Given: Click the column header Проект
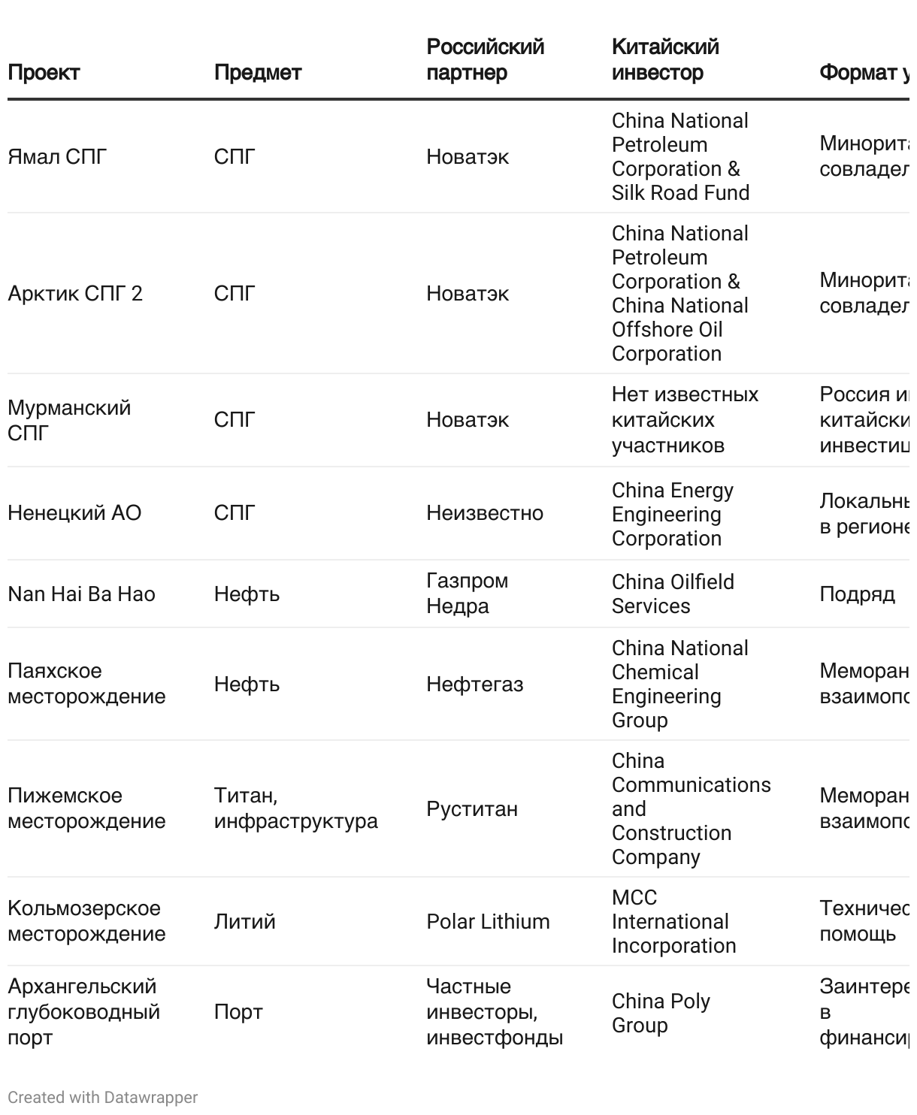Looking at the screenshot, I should pos(44,73).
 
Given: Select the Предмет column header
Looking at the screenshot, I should pos(257,73).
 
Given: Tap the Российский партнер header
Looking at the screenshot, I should pos(485,60).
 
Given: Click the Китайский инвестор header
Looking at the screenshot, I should pos(664,60).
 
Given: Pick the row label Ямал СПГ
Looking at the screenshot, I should pos(57,157).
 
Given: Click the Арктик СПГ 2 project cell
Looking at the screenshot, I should pos(75,294).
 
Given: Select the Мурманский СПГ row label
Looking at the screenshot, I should pos(68,420).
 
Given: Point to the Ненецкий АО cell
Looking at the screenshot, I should pos(74,513).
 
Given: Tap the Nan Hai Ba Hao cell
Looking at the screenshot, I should pos(81,594).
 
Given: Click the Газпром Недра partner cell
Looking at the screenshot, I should pos(467,594).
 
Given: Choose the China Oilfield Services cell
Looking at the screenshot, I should pos(673,594).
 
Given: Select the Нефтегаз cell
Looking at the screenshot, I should pos(474,684).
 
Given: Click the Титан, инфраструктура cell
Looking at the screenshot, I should pos(295,808).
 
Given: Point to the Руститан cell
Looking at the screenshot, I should pos(472,809).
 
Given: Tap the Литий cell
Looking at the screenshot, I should pos(244,922).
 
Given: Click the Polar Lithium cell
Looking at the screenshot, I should pos(488,922).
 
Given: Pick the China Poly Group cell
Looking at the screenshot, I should pos(661,1014).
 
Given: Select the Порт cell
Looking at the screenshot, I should pos(238,1012).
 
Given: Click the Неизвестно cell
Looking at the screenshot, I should pos(484,513).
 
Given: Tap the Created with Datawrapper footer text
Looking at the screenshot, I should pos(102,1098).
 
